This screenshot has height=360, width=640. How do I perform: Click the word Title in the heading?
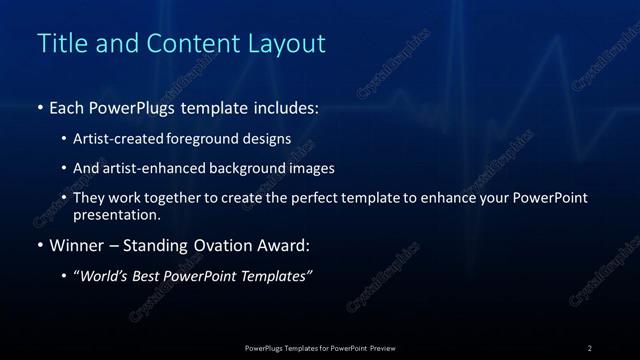tap(58, 44)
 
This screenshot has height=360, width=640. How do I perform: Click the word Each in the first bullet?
tap(67, 107)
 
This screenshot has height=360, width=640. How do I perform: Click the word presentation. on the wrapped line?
tap(117, 215)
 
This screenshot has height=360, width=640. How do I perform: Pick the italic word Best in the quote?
tap(153, 276)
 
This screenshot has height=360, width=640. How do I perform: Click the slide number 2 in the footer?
tap(590, 347)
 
